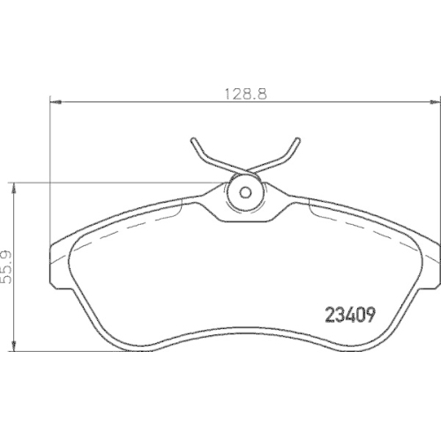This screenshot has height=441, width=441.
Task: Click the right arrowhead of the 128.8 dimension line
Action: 434,103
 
